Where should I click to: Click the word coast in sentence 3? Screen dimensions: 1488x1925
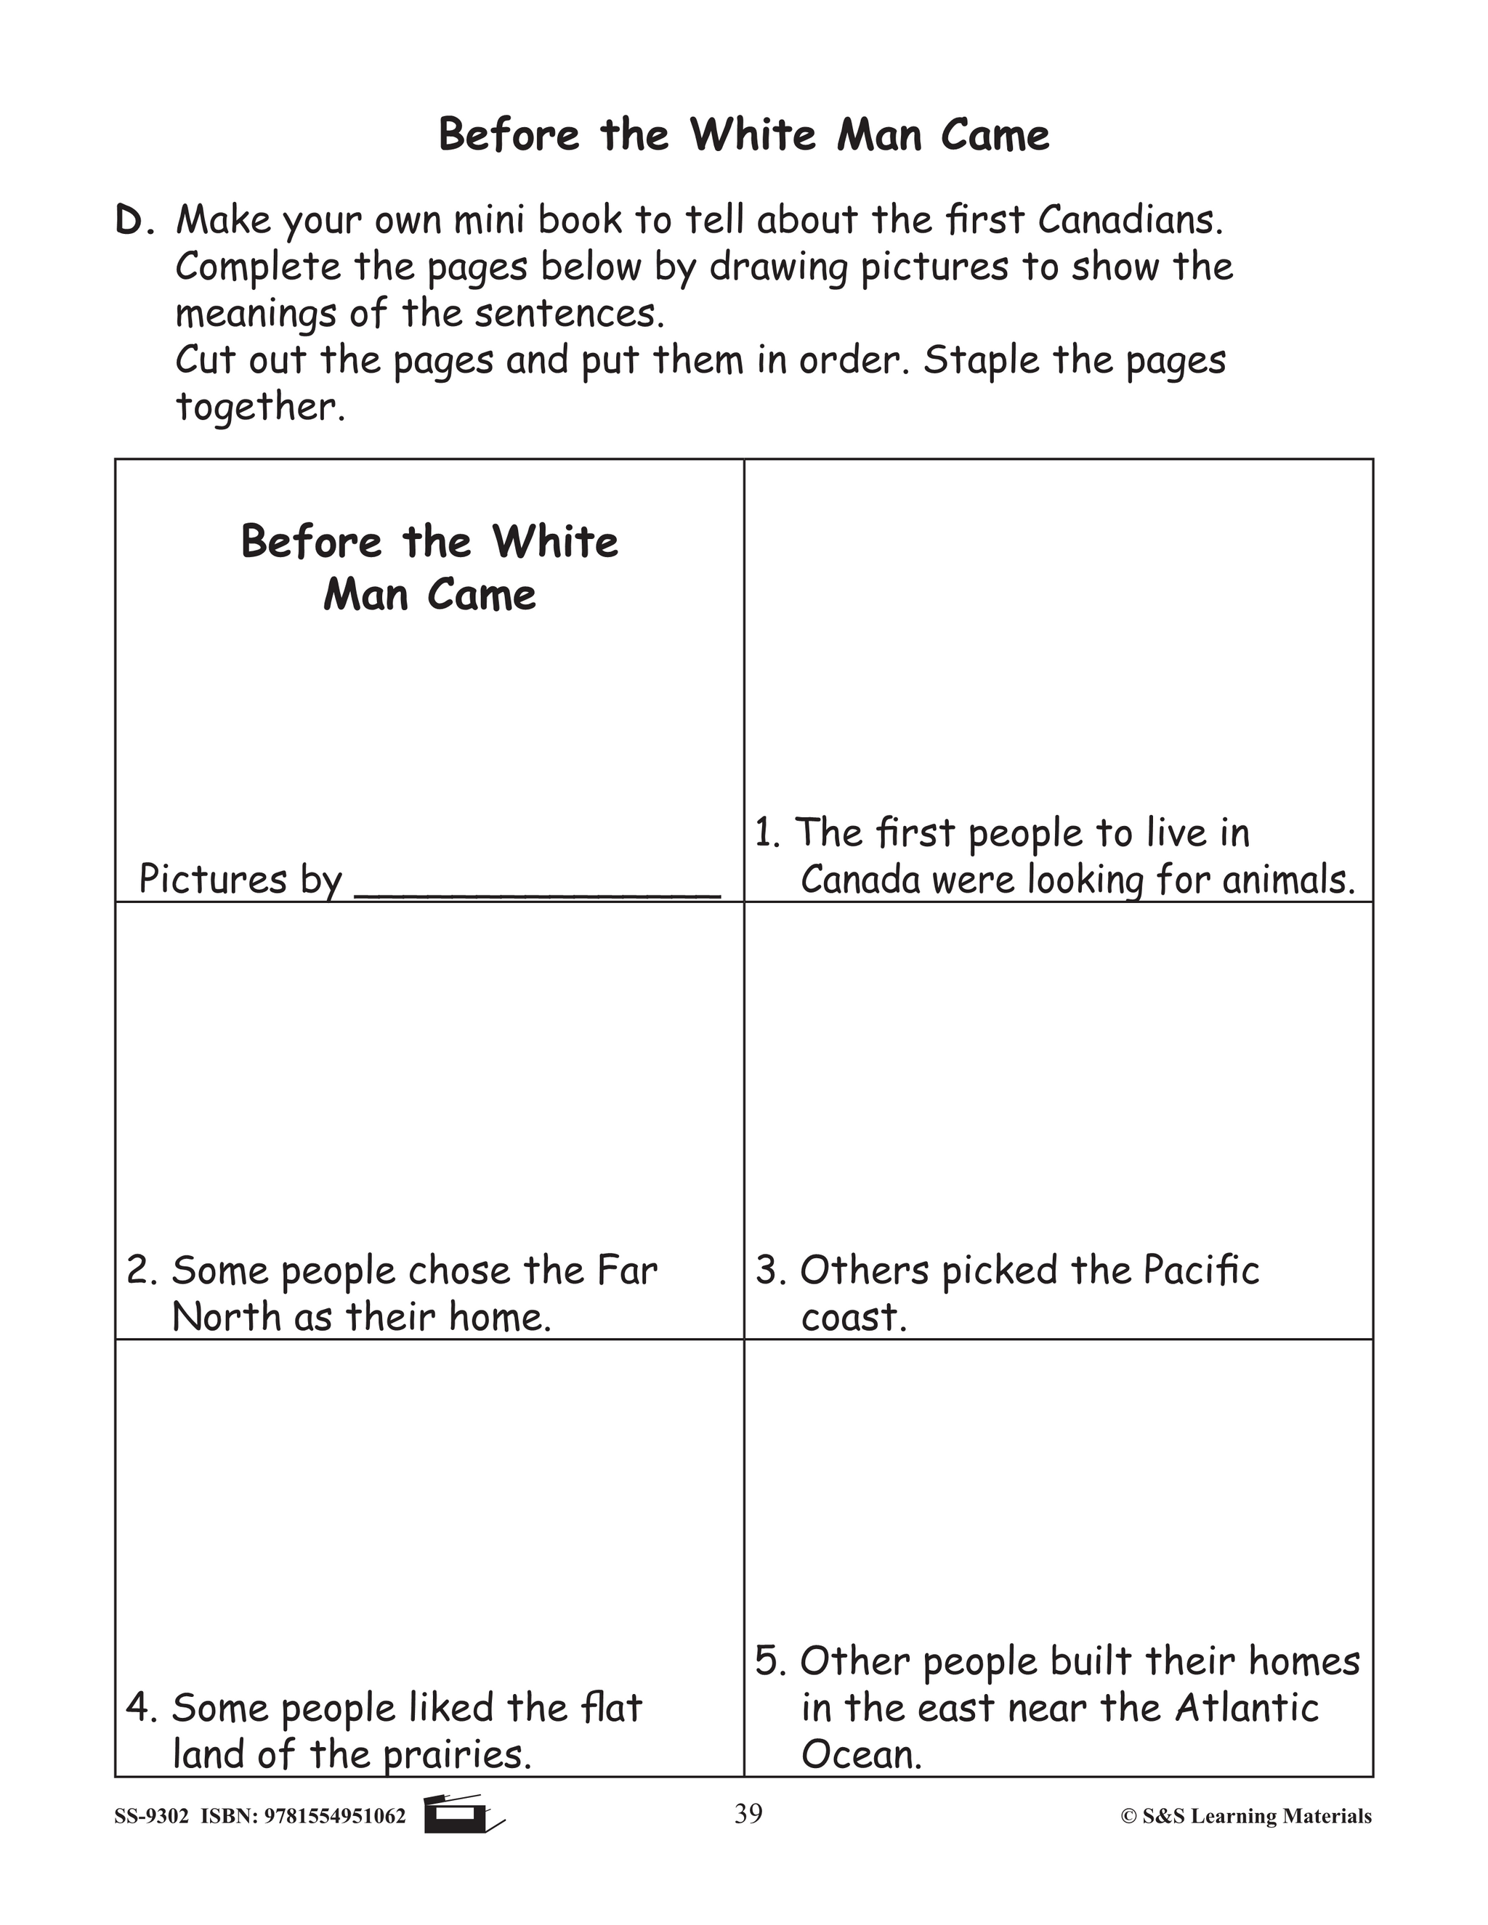pyautogui.click(x=852, y=1318)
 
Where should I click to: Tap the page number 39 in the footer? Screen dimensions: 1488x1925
pyautogui.click(x=748, y=1814)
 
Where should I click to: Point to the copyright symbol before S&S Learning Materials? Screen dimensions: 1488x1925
pyautogui.click(x=1128, y=1817)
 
